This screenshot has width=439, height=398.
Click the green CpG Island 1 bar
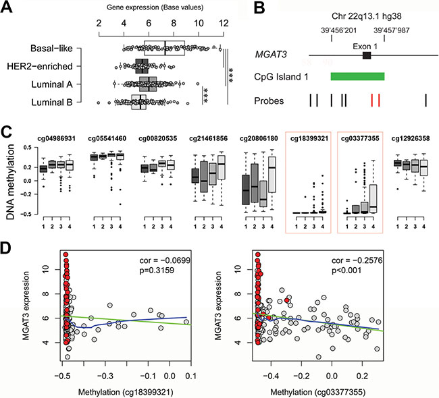click(x=357, y=76)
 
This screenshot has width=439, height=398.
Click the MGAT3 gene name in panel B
click(x=265, y=55)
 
